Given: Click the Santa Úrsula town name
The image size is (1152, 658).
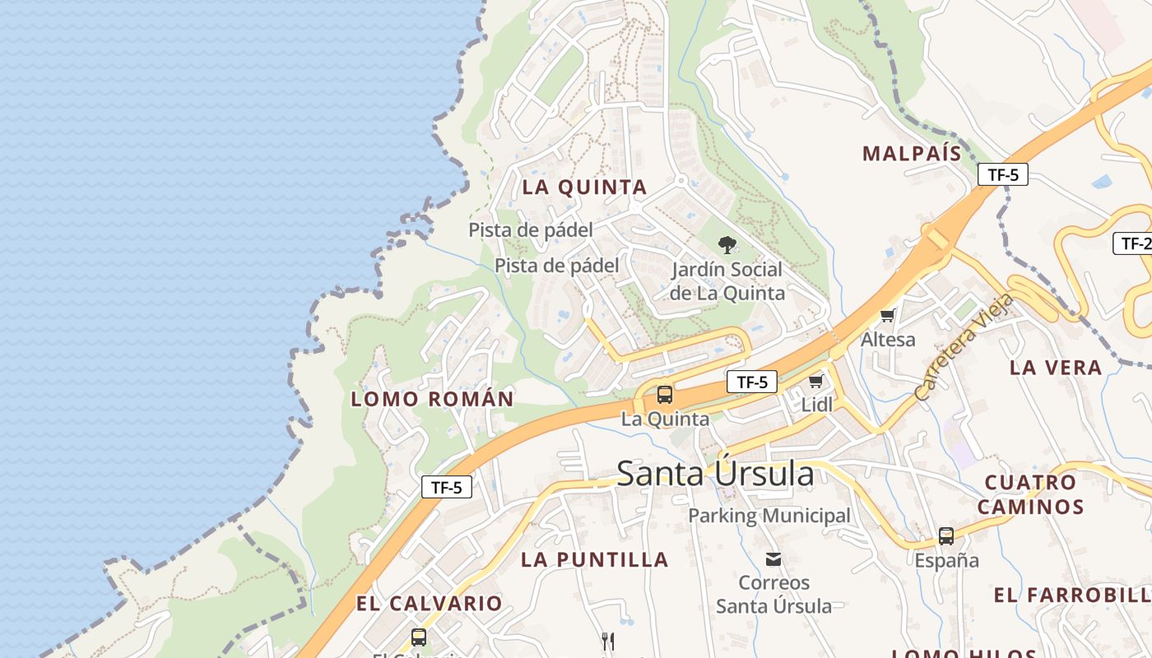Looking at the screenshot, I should tap(715, 474).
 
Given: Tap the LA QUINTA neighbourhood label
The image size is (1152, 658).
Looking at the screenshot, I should tap(585, 188).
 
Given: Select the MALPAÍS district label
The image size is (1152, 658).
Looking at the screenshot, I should tap(912, 153).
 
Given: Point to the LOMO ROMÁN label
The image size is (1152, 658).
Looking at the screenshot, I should tap(432, 400).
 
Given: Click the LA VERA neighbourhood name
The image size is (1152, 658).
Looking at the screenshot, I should tap(1056, 368).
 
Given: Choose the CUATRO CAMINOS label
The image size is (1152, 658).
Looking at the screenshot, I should tap(1030, 494).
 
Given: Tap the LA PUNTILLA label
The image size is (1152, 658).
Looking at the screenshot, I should tap(595, 560).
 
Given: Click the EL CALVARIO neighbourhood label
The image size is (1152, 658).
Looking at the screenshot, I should tap(429, 604).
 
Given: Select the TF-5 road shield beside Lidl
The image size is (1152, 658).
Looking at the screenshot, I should tap(752, 382).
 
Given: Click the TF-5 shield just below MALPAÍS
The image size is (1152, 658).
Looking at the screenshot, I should tap(1003, 174).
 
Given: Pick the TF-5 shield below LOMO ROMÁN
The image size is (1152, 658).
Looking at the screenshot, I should tap(447, 487).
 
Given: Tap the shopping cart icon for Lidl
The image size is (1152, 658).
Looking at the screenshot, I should tap(815, 381).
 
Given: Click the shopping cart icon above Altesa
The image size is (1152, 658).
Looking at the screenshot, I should tap(887, 315).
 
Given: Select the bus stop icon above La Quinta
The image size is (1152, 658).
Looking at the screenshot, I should tap(664, 395).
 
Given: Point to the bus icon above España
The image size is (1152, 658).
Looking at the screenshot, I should tap(946, 536).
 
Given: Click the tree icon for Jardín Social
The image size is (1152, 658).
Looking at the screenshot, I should tap(727, 244).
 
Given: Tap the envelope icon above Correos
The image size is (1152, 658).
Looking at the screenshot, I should tap(773, 559).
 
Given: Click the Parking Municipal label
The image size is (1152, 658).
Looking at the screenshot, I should tap(769, 516).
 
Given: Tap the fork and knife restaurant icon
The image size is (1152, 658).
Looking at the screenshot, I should tap(607, 641).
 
